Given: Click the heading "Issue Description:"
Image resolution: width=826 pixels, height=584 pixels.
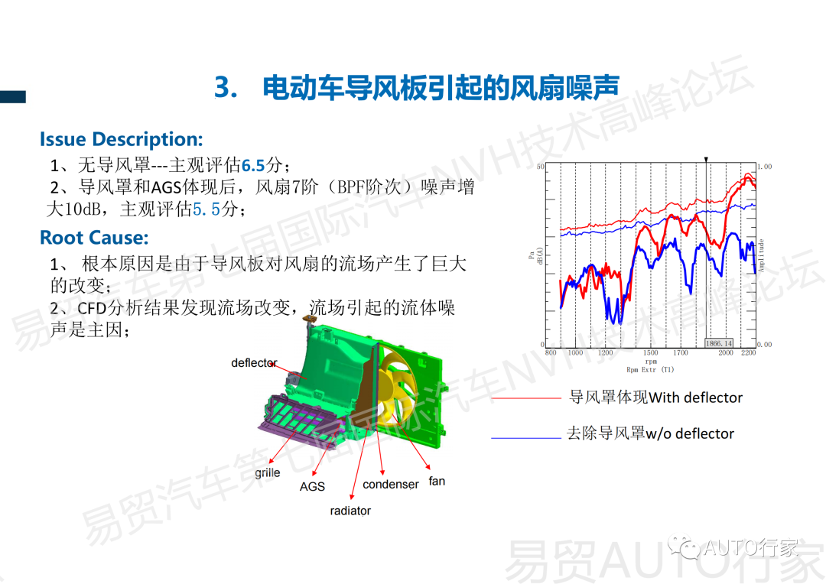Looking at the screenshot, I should click(122, 139).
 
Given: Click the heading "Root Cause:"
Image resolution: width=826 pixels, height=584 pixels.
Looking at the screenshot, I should click(94, 237).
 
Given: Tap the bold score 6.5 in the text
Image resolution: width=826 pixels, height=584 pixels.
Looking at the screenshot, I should click(253, 165).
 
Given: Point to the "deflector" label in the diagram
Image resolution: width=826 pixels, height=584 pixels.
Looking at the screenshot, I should click(254, 363).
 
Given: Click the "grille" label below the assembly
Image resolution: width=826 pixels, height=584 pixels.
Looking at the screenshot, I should click(268, 472).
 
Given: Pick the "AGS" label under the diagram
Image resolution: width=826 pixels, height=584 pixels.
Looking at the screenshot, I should click(312, 486).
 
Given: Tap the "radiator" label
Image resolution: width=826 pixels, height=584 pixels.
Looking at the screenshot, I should click(350, 511).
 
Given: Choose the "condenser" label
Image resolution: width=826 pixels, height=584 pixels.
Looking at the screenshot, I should click(391, 485).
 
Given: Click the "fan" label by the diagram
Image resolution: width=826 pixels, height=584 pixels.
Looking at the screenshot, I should click(437, 481).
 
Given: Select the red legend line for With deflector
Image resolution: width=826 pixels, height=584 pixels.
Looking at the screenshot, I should click(525, 398).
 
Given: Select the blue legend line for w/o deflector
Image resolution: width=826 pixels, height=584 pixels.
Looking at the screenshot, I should click(525, 438).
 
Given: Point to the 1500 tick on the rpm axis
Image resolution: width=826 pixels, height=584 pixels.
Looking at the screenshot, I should click(650, 353).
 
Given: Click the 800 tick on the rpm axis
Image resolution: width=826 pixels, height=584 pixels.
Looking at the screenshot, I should click(551, 353).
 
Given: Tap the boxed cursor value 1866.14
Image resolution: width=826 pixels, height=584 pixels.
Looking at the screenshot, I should click(719, 343).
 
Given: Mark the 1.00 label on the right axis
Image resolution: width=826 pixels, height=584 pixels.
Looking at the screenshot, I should click(764, 166).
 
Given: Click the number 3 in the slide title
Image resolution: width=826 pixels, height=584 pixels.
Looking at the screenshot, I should click(222, 88).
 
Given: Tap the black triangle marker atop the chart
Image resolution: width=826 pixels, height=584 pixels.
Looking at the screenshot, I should click(707, 159).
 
